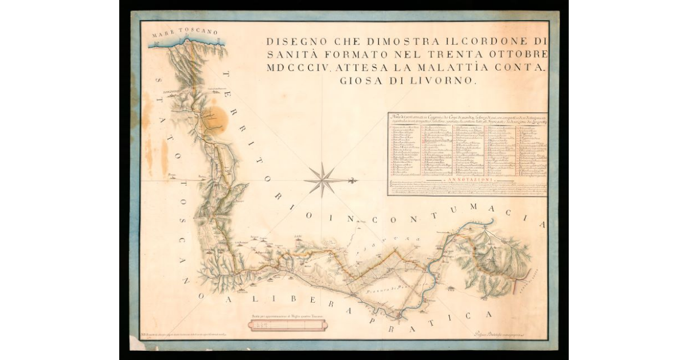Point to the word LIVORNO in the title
tap(443, 81)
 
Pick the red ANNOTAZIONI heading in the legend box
tap(467, 179)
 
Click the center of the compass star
tap(323, 180)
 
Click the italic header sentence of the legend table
tap(467, 118)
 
